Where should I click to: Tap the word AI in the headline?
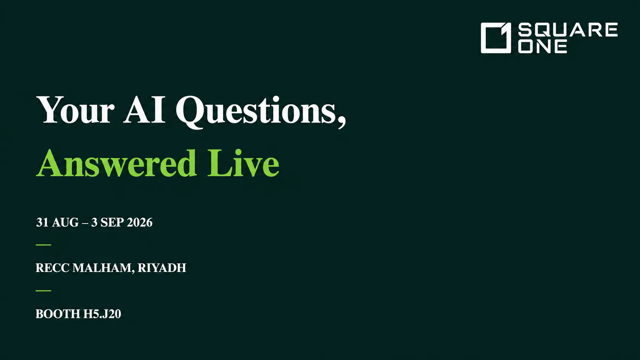tap(144, 110)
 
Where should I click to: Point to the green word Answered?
tap(116, 163)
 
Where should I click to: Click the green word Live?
tap(243, 163)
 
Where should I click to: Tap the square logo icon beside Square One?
tap(496, 38)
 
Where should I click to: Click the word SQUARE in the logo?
tap(568, 30)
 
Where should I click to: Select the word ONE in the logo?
tap(542, 47)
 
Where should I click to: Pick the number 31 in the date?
tap(42, 222)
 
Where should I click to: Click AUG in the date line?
tap(65, 222)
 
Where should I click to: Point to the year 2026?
tap(140, 222)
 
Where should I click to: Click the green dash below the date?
tap(43, 245)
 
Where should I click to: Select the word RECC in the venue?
tap(52, 268)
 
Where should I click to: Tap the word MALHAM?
tap(102, 268)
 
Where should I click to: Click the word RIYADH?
tap(162, 268)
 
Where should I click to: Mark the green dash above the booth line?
tap(43, 291)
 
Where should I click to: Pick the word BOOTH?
tap(58, 314)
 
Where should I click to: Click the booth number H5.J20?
tap(102, 314)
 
